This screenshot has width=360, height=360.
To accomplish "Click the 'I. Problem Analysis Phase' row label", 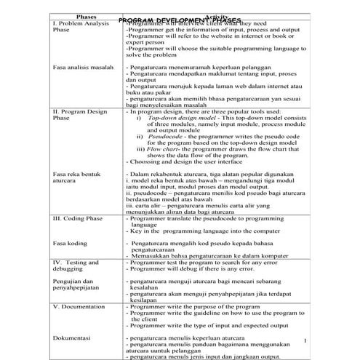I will [x=80, y=27].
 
